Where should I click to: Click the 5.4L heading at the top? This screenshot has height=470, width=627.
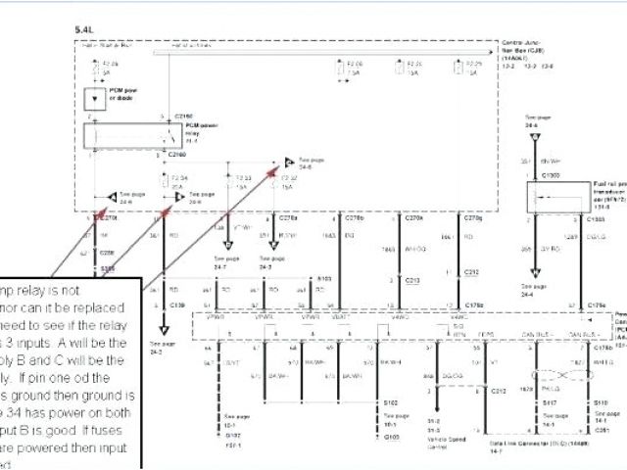point(83,30)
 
